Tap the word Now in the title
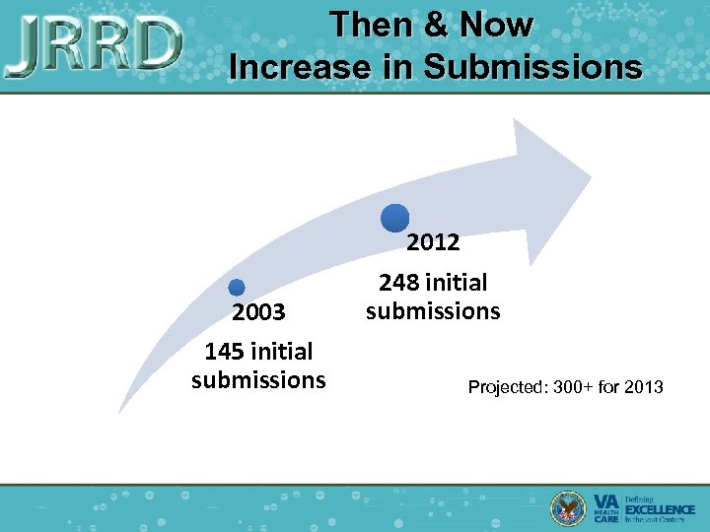pos(494,25)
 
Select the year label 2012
pos(433,241)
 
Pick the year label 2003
pos(258,312)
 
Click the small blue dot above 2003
pos(236,288)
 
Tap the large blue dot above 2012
pos(394,219)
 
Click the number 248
pos(399,283)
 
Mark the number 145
pos(225,352)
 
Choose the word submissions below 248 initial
pos(433,311)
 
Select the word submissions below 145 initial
pos(258,380)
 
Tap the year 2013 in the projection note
pos(644,387)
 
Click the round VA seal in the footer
pos(567,507)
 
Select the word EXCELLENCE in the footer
pos(660,508)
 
